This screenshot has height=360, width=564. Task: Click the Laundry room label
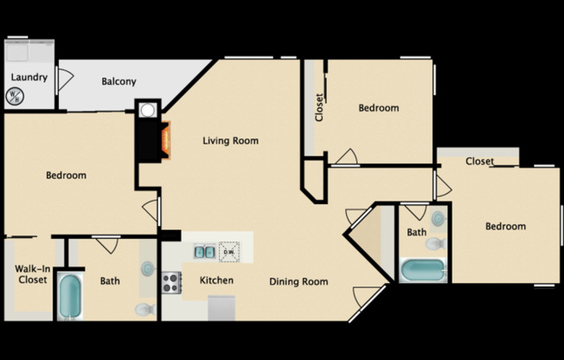[29, 77]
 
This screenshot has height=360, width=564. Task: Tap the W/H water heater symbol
[15, 96]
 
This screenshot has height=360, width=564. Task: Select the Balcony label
[119, 81]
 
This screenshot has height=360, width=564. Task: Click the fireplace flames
[165, 140]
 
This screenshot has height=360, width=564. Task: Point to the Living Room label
[231, 141]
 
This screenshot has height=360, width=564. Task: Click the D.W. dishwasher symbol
[229, 252]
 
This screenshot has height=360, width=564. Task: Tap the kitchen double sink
[204, 252]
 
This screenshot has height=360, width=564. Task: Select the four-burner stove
[171, 283]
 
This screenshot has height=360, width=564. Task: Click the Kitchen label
[216, 280]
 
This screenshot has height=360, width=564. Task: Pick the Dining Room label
[298, 281]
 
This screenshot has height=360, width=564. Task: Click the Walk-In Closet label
[32, 274]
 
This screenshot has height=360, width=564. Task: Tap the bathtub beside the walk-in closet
[70, 297]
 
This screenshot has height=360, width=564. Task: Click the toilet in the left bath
[145, 309]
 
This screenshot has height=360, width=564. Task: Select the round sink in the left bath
[148, 268]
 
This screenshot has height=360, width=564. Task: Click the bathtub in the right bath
[423, 270]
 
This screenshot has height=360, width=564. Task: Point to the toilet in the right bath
[436, 244]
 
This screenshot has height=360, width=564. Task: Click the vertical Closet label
[319, 107]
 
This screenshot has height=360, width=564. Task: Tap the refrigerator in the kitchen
[221, 308]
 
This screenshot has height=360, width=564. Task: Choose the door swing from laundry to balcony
[66, 80]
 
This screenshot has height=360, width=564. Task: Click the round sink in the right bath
[438, 219]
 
